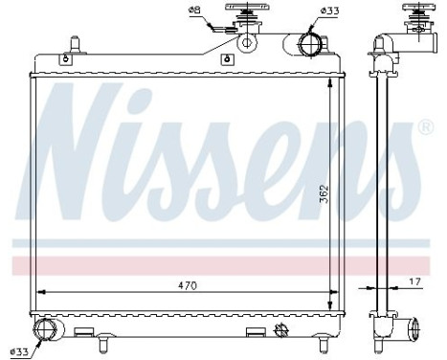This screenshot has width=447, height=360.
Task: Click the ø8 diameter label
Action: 194,11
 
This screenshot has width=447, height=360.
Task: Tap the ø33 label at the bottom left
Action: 19,350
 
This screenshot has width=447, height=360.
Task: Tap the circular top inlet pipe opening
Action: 311,44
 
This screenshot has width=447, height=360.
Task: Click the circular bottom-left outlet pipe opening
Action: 46,331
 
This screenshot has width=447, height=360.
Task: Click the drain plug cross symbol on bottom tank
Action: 284,330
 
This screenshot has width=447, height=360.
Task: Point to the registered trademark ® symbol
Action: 425,126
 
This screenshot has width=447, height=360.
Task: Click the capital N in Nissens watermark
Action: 96,148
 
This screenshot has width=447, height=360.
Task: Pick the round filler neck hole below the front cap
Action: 249,41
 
